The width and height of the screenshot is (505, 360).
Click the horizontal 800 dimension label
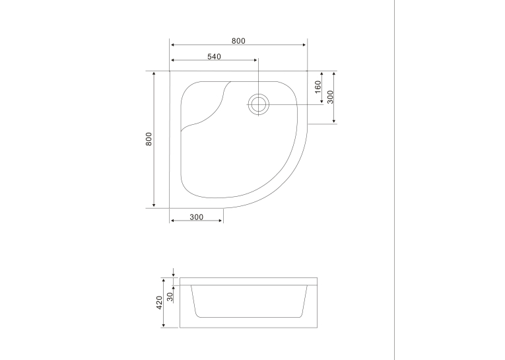(x=238, y=41)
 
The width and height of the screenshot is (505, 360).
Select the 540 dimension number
(x=214, y=57)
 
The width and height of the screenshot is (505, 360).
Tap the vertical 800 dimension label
(x=149, y=139)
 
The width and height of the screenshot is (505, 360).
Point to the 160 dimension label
(x=318, y=87)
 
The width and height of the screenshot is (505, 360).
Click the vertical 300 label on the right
(x=331, y=97)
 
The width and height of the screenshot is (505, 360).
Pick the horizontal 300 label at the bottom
(x=197, y=217)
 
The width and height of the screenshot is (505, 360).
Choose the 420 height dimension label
(x=160, y=303)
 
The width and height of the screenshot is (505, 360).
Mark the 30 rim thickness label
(x=170, y=297)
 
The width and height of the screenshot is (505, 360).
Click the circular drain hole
(x=258, y=104)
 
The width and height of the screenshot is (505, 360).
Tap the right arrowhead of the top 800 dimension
(x=304, y=45)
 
